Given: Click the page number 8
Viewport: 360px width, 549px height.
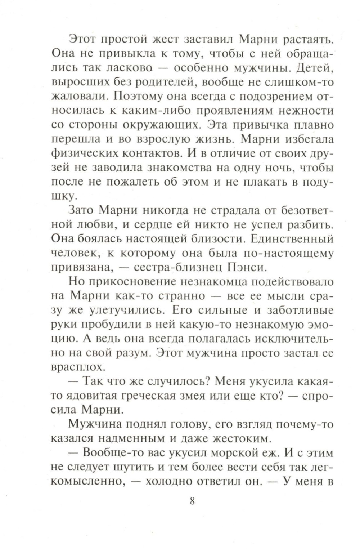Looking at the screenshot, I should pos(192,501).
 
